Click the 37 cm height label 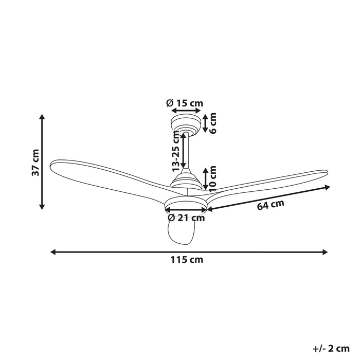35,163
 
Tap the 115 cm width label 187,260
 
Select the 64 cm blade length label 271,205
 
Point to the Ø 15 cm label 185,103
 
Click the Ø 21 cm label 186,218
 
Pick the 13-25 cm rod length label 176,151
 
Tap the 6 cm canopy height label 213,123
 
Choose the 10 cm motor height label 213,179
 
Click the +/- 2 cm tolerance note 331,348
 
